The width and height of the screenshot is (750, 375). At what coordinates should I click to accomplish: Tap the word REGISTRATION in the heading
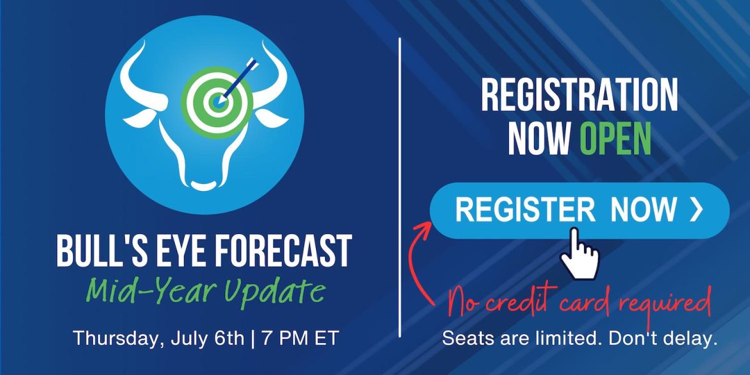tap(579, 96)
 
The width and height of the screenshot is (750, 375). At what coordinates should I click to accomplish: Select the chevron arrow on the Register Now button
tap(696, 210)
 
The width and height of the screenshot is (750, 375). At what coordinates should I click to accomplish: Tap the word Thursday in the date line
tap(117, 338)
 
